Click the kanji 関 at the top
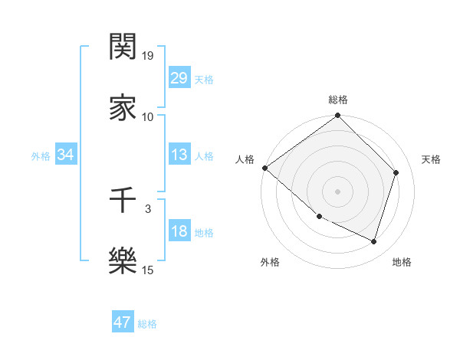point(123,48)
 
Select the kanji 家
point(123,107)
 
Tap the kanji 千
point(123,200)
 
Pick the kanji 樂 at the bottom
point(123,260)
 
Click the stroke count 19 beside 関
point(147,56)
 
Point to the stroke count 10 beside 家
point(147,116)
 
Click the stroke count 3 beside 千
point(147,208)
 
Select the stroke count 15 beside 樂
point(147,270)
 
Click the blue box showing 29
point(179,78)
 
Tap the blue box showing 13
point(179,155)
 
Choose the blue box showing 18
point(179,232)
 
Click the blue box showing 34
point(66,155)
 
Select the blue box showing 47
point(123,322)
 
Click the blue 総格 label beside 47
point(147,324)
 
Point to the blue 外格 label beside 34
point(41,156)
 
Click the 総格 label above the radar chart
point(337,100)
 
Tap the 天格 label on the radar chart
point(432,159)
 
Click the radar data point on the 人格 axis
point(264,168)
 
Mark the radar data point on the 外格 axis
point(319,217)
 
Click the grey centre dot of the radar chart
point(337,191)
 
